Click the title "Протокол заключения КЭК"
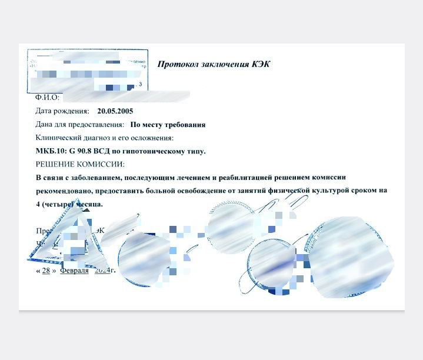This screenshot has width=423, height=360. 214,64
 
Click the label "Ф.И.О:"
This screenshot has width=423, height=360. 48,97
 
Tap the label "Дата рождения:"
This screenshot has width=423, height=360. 62,111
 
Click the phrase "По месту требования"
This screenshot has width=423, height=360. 168,125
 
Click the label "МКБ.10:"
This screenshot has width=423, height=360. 51,151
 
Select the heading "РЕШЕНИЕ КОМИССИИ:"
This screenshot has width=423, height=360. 81,164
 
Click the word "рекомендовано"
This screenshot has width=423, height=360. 63,191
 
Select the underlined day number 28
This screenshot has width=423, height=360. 46,271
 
